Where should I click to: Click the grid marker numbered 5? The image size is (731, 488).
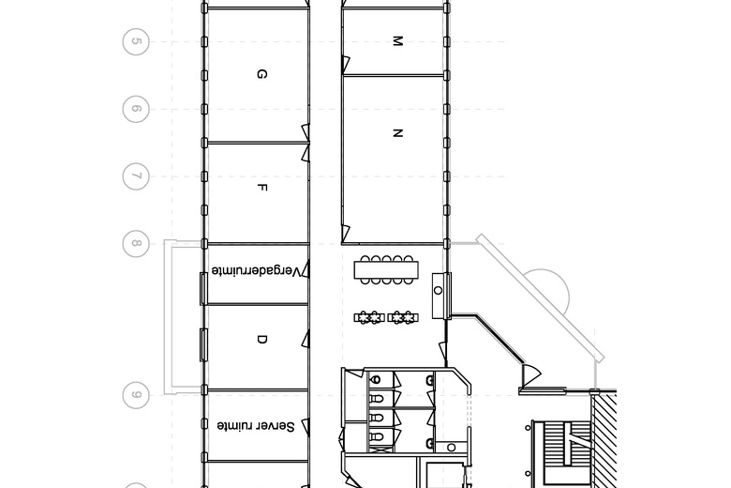(x=136, y=42)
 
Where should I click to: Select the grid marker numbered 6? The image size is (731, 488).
(x=136, y=109)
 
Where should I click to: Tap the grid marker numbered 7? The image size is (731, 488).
(x=136, y=176)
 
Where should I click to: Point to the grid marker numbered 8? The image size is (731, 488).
(x=136, y=244)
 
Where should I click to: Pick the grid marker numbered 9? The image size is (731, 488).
(x=136, y=395)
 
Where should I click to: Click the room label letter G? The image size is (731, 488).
(x=261, y=74)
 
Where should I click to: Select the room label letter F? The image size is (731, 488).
(x=262, y=188)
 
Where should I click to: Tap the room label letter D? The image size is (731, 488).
(x=261, y=340)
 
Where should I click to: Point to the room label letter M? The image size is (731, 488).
(x=396, y=41)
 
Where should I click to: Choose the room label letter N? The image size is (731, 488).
(x=396, y=133)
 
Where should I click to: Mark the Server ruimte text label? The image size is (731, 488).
(x=256, y=426)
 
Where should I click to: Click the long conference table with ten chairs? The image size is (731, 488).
(x=387, y=270)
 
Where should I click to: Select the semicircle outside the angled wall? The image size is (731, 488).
(x=548, y=296)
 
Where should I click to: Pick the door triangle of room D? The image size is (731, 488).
(x=306, y=342)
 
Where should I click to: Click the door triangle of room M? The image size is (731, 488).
(x=345, y=64)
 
